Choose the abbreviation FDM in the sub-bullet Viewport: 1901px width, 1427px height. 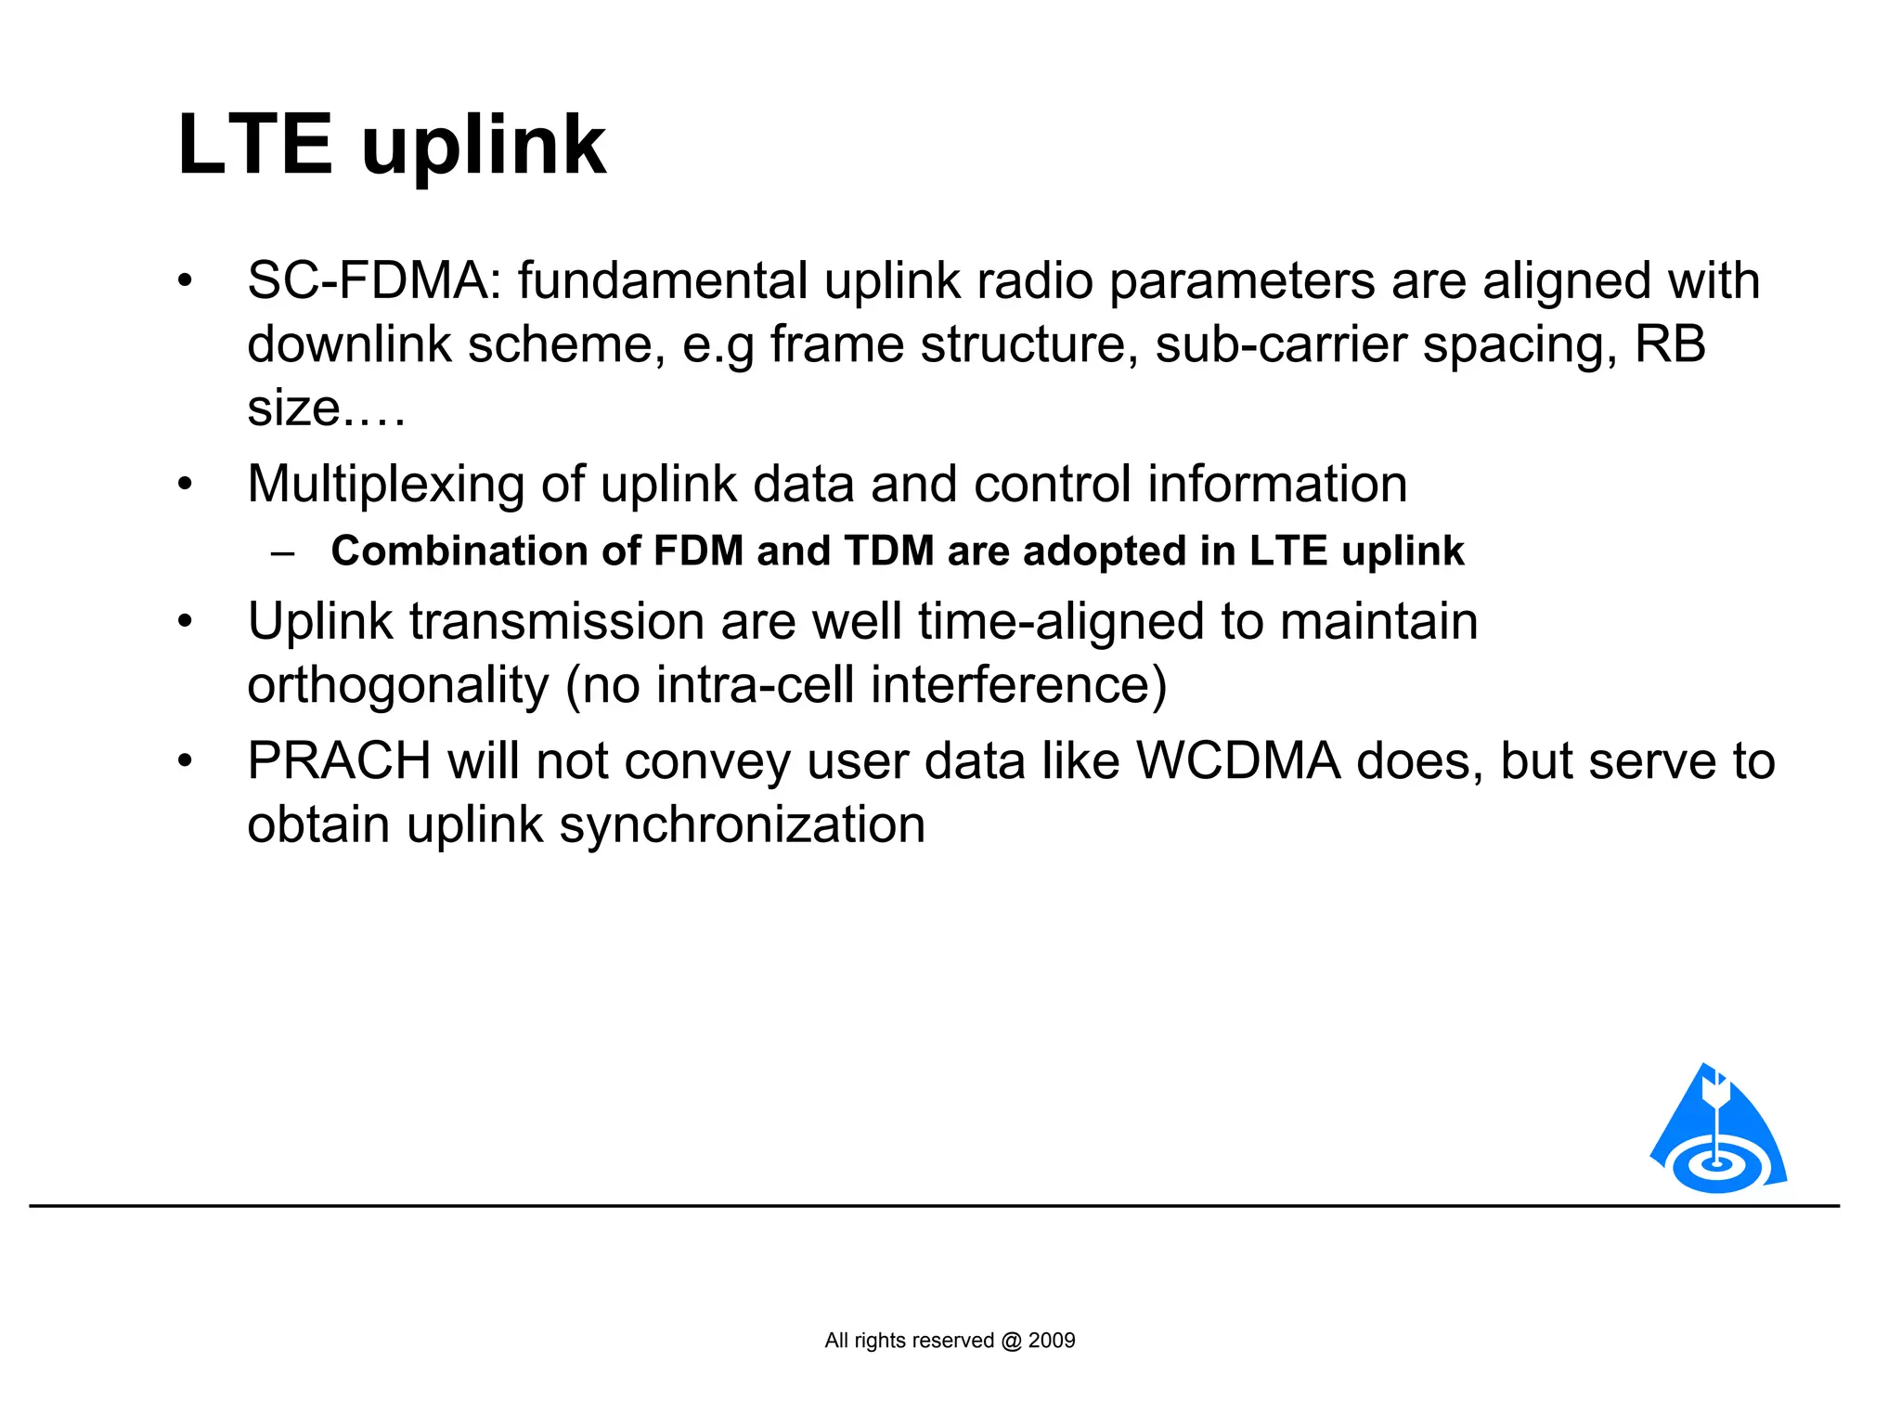[x=698, y=551]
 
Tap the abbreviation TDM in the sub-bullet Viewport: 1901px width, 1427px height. [x=888, y=551]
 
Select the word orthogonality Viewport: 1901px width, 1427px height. [x=398, y=686]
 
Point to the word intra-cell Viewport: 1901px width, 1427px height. [x=754, y=685]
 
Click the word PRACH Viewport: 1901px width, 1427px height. [x=339, y=761]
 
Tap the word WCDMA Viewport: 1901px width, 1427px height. [x=1238, y=761]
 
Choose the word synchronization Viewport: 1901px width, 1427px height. [x=742, y=824]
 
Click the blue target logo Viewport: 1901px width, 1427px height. [x=1718, y=1133]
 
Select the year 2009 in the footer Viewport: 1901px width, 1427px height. [x=1052, y=1341]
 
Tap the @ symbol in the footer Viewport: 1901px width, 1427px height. [x=1011, y=1341]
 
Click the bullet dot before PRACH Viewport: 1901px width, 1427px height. [x=186, y=761]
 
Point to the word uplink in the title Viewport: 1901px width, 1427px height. [x=483, y=147]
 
